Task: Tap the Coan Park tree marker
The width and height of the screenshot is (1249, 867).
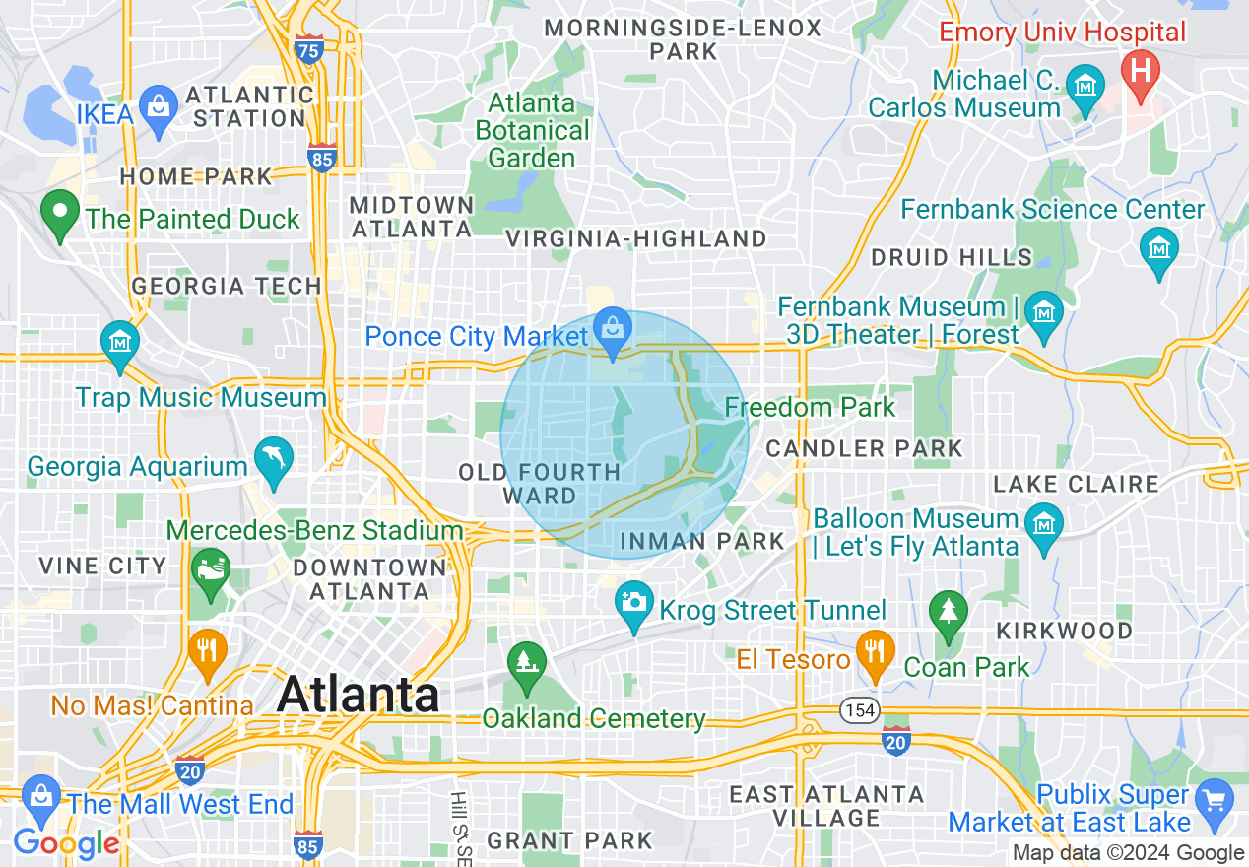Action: (x=948, y=614)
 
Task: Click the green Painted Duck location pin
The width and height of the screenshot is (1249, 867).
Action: (x=60, y=215)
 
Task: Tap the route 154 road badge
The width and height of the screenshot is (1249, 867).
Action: (x=854, y=709)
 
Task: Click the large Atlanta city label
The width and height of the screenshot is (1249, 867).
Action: (x=359, y=695)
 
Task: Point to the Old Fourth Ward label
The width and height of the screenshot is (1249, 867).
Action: (x=539, y=484)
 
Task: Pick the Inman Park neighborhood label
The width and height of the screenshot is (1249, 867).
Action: (x=702, y=541)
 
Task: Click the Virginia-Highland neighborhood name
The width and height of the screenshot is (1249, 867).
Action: (x=635, y=238)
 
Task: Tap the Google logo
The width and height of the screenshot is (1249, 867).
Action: (x=67, y=843)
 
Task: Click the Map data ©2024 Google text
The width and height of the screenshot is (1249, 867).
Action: (x=1129, y=853)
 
